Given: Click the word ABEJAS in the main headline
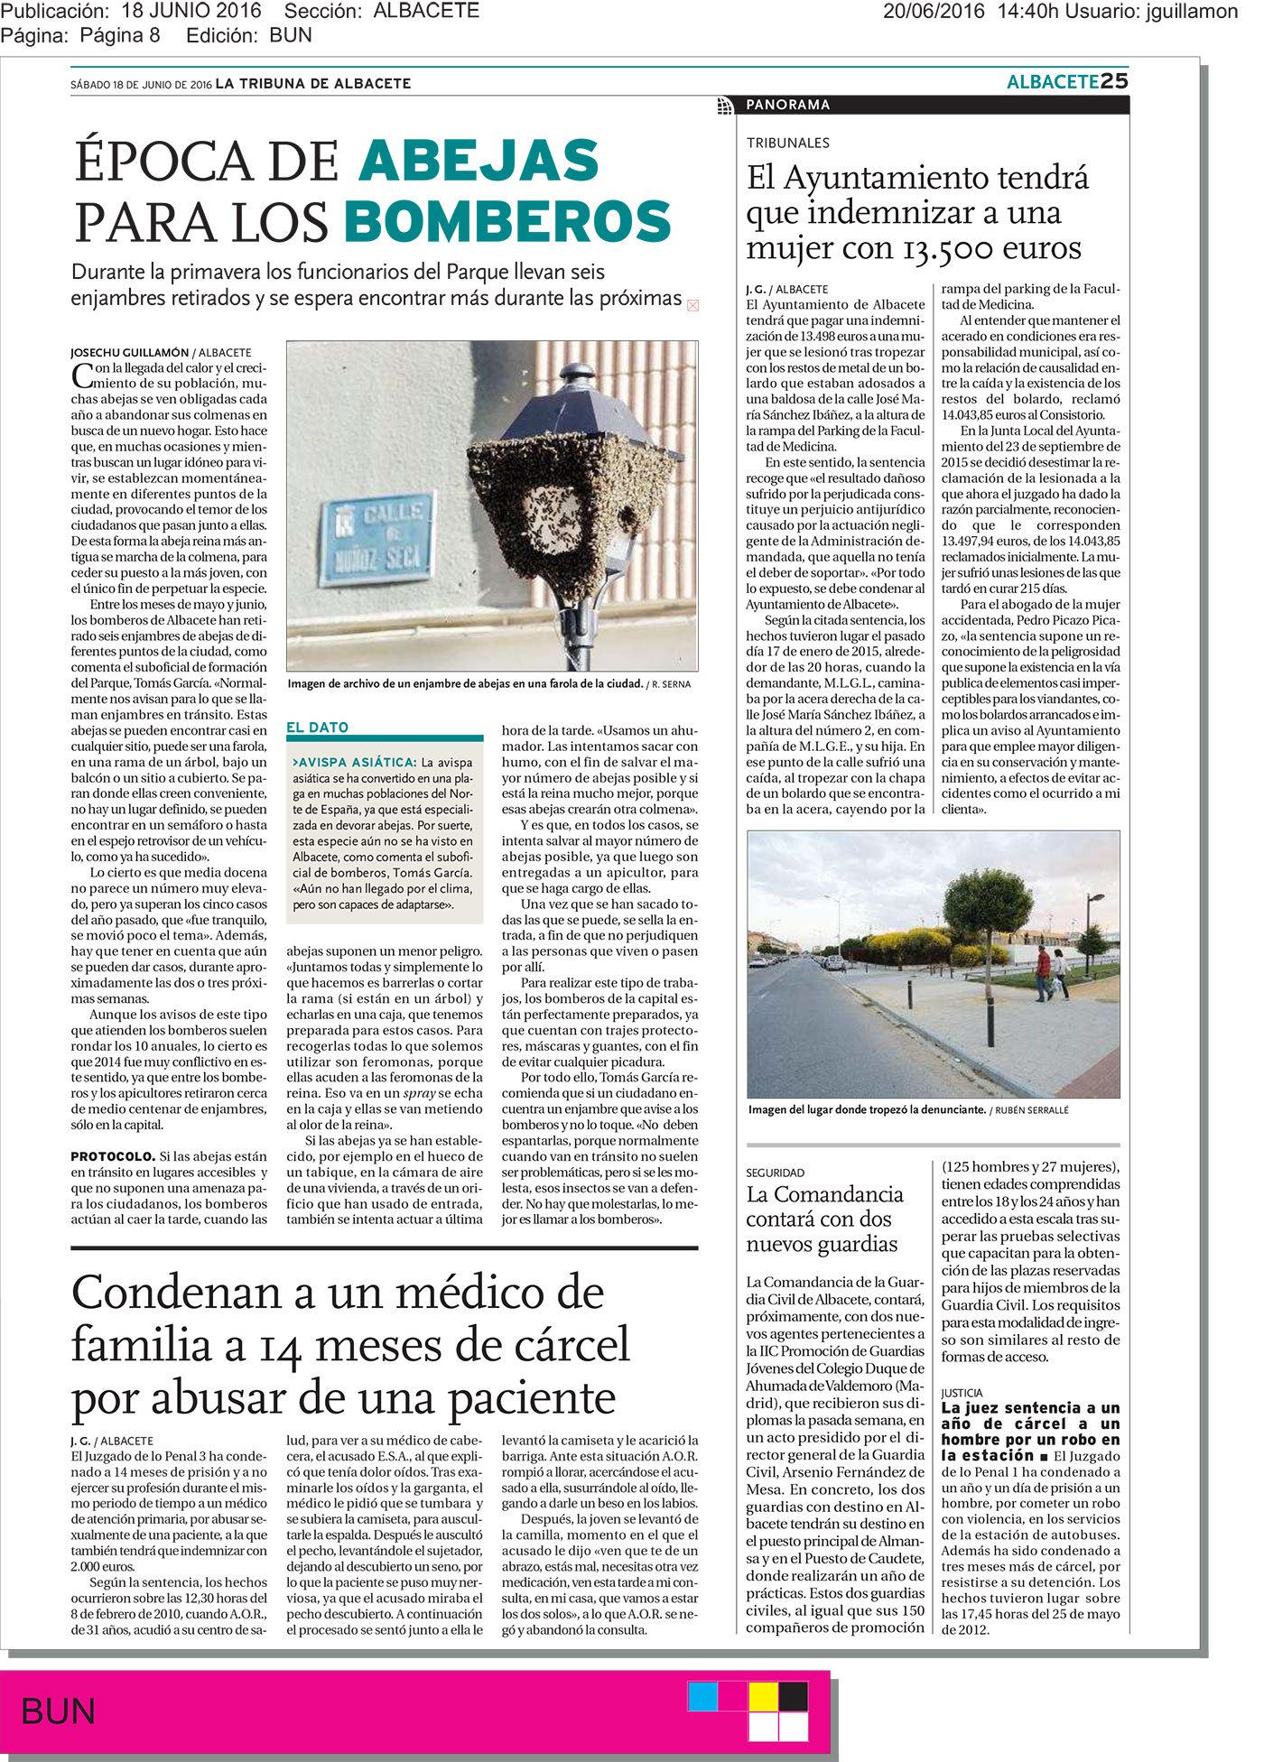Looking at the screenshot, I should [479, 162].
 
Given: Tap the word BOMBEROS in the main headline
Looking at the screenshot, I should [507, 222].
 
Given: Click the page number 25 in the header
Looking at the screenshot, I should [1114, 81].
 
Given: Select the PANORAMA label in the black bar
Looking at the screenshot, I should [787, 105].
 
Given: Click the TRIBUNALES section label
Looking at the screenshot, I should [787, 143].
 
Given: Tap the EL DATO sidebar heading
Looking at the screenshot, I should [317, 728].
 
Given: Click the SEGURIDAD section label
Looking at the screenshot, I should [775, 1173].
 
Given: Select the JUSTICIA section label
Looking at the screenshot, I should [962, 1393].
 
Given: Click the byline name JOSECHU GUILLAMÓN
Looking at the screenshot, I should [129, 352].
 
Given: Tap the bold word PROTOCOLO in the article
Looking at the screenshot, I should [112, 1156].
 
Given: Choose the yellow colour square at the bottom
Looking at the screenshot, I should [763, 1696].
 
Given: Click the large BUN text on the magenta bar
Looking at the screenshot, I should [58, 1711].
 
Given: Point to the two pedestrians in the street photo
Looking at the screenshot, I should [1051, 973].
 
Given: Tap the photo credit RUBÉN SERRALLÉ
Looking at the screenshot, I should [1032, 1110].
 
